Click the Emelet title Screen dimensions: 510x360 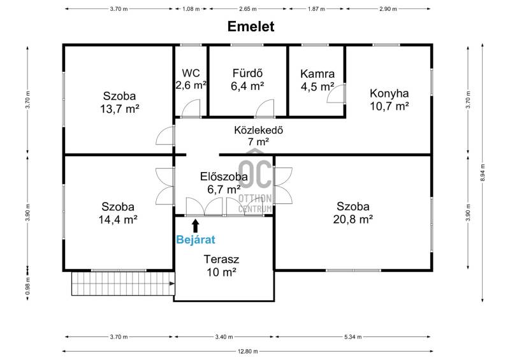(x=251, y=27)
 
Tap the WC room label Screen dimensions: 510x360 (x=191, y=79)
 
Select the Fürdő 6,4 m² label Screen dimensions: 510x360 (x=247, y=80)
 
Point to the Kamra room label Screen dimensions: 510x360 (x=317, y=80)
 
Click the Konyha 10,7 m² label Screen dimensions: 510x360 (x=390, y=99)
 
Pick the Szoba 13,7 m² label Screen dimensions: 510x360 (x=119, y=103)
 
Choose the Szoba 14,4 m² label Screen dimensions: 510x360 (x=118, y=213)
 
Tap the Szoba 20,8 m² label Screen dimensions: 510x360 (x=353, y=213)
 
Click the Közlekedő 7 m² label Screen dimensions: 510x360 (x=259, y=136)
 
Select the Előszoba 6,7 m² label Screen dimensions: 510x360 (x=224, y=183)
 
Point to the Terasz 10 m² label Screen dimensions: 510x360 (x=221, y=265)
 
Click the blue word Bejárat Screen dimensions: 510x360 (x=196, y=240)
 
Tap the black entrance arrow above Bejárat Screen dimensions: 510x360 (x=196, y=226)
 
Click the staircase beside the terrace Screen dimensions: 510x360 (x=123, y=284)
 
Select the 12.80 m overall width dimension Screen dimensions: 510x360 (x=247, y=351)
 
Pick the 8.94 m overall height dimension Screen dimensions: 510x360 (x=483, y=173)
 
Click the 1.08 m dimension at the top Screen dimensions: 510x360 (x=191, y=9)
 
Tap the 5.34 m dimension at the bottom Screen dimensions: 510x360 (x=353, y=337)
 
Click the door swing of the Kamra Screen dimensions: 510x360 (x=336, y=93)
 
